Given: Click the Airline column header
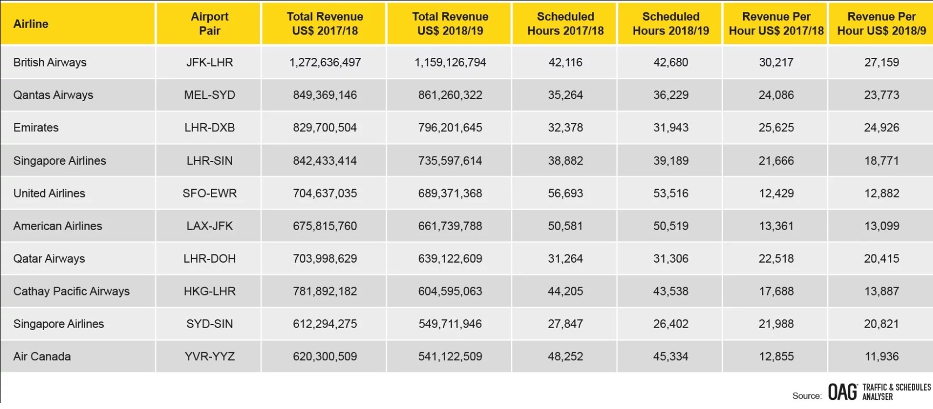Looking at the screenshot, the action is click(31, 24).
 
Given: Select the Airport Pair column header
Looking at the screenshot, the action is click(209, 24).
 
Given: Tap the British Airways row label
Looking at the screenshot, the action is click(50, 62).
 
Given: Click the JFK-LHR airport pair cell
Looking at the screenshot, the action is click(209, 62).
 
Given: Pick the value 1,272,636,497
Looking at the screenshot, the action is click(325, 62).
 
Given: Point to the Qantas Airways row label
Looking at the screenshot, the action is click(53, 95).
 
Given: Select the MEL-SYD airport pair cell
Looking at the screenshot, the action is click(209, 95).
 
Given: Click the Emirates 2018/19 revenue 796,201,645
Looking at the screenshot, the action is click(450, 128).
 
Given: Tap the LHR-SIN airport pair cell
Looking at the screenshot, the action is click(209, 160).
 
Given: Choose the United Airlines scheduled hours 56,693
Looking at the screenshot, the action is click(566, 193).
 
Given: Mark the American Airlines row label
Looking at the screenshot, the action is click(58, 226).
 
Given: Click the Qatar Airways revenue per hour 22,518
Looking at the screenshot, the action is click(776, 259).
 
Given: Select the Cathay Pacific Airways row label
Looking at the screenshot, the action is click(71, 291).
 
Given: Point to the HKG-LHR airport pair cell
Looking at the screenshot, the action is click(209, 291).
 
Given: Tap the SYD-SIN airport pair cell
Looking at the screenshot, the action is click(209, 324).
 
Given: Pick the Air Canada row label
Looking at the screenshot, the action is click(42, 357).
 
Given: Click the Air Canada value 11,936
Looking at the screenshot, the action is click(882, 357).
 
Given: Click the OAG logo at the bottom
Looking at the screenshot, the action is click(842, 392).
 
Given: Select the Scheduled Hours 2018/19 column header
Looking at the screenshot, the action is click(671, 24).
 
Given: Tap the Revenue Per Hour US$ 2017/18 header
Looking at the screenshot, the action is click(776, 24).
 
